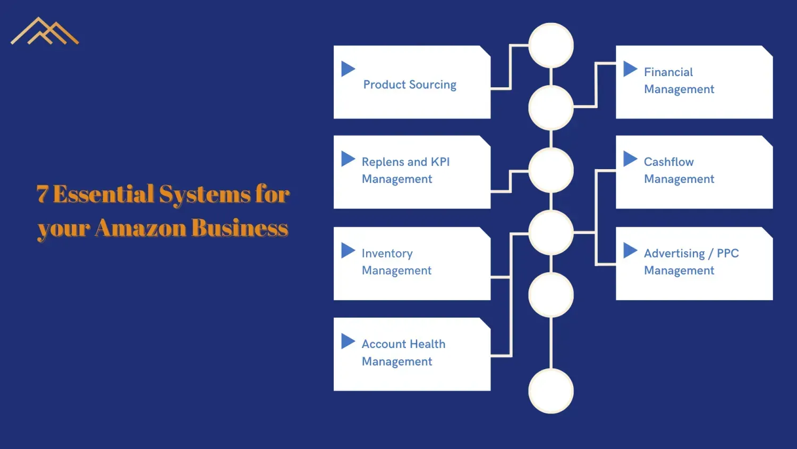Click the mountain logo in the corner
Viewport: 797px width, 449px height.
45,31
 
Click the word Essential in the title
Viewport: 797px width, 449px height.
104,194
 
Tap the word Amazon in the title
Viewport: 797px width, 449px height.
141,228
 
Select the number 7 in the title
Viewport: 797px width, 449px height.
43,194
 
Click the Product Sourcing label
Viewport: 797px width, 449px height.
410,85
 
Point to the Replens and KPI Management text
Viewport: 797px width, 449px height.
405,170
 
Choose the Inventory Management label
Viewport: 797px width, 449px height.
396,262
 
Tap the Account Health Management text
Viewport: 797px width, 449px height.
403,353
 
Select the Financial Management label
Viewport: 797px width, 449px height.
679,80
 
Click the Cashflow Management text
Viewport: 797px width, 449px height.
679,170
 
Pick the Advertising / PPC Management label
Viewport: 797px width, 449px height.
691,262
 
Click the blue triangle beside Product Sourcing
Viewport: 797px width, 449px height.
347,69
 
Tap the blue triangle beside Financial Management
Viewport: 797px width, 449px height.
630,69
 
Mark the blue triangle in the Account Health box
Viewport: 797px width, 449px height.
347,341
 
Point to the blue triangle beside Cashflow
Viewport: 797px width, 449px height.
630,159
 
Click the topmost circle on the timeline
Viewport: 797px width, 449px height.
551,45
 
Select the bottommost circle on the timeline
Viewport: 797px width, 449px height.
551,391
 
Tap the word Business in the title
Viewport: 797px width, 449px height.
240,228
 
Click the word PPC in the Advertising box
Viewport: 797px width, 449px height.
727,253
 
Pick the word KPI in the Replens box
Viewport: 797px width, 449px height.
440,162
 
